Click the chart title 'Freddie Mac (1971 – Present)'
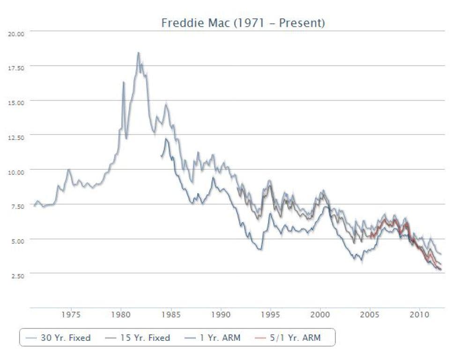243,23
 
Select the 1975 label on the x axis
71,315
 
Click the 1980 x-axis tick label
121,315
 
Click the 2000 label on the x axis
320,315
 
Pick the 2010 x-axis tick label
419,315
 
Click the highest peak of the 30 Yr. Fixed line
138,52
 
